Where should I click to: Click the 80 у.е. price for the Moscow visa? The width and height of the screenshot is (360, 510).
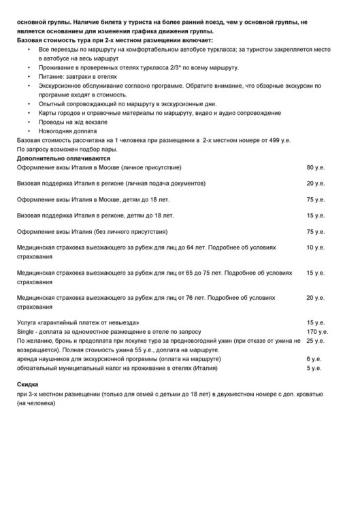[315, 167]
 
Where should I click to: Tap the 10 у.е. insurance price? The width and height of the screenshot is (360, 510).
[315, 248]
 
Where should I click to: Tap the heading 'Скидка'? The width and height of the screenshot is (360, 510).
[28, 385]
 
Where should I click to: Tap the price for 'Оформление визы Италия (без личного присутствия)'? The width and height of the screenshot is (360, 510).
[315, 231]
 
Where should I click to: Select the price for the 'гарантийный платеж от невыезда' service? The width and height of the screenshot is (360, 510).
[315, 322]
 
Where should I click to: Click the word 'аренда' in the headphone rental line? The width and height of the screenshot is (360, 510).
[27, 358]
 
